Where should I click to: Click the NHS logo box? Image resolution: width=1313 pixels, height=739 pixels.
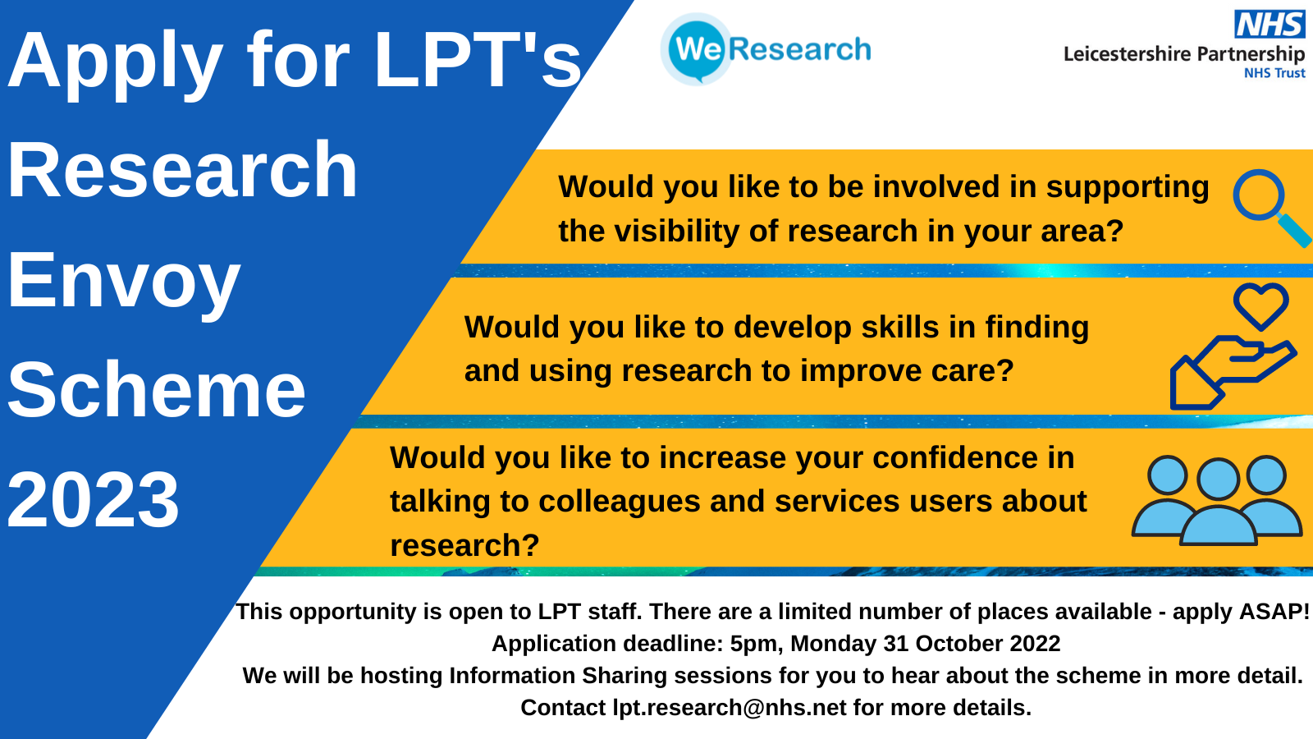(1269, 24)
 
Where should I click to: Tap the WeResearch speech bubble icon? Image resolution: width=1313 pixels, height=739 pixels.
(697, 49)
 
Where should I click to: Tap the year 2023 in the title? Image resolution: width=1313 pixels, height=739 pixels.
(93, 500)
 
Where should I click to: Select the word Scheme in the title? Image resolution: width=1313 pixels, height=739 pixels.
(157, 390)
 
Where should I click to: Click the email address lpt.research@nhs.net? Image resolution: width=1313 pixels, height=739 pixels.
(730, 708)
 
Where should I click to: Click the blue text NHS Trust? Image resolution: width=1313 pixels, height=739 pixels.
(1275, 73)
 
